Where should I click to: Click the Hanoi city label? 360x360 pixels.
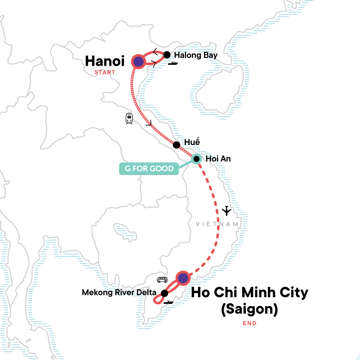coord(105,61)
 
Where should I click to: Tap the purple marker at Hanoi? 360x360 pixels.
coord(138,62)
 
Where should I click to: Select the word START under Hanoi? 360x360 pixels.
coord(105,73)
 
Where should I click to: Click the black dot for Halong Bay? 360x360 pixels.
coord(167,55)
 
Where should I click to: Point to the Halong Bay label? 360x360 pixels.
coord(196,55)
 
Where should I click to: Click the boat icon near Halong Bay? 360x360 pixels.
coord(173,63)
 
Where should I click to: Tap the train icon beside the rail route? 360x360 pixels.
coord(129,118)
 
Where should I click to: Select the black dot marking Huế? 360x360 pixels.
coord(177,145)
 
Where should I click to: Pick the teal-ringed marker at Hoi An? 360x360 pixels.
coord(196,159)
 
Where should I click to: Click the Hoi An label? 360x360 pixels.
coord(218,159)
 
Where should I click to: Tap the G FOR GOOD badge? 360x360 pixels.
coord(149,169)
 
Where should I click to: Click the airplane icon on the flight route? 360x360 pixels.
coord(227,211)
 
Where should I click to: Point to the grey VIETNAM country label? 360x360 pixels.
coord(217,224)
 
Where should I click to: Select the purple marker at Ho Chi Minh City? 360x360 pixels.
coord(183,278)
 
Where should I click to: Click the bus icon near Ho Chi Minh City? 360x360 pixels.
coord(162,280)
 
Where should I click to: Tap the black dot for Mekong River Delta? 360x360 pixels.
coord(164,293)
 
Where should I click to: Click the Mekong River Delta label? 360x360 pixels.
coord(119,292)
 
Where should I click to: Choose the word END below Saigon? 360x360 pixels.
coord(250,323)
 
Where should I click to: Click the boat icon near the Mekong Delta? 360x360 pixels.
coord(168,302)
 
